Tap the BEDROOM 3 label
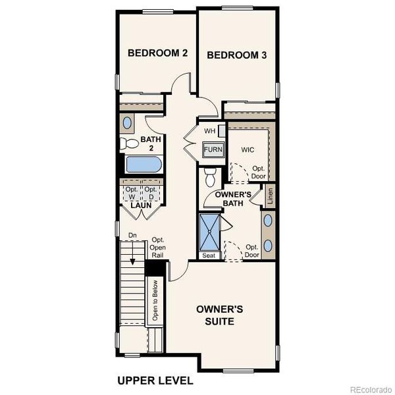[237, 55]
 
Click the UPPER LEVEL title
[155, 381]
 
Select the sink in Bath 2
[128, 123]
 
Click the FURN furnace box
[213, 150]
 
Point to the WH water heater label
[209, 131]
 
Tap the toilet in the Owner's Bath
[211, 176]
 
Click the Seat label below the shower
[209, 255]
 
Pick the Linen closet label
[270, 196]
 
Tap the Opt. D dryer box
[151, 194]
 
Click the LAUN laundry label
[141, 205]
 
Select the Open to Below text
[156, 302]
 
